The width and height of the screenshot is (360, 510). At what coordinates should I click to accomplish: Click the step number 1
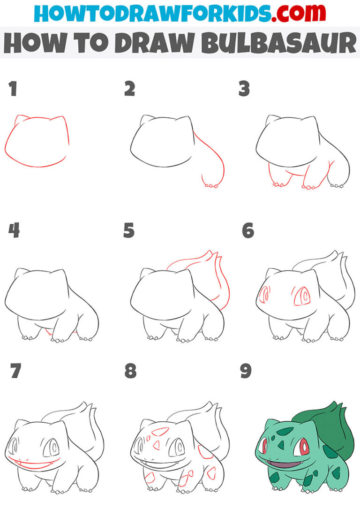tap(13, 89)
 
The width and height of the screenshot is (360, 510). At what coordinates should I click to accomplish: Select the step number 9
tap(244, 372)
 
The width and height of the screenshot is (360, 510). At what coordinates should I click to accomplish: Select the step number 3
tap(244, 89)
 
